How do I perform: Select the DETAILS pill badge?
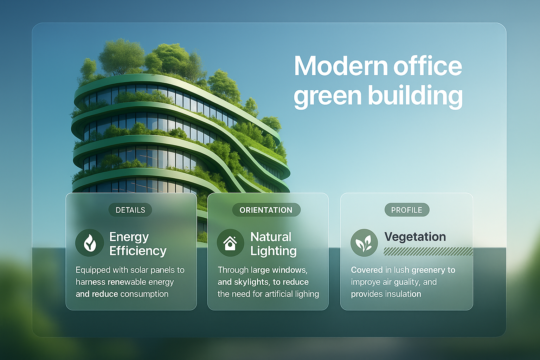tap(130, 210)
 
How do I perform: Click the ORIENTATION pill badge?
tap(266, 210)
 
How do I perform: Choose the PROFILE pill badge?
tap(407, 210)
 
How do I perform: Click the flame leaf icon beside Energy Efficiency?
tap(90, 243)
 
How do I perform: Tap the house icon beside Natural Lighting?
tap(231, 243)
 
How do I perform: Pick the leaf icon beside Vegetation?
tap(364, 243)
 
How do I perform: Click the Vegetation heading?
tap(415, 237)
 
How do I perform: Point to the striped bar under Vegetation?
tap(428, 251)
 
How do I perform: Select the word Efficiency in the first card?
tap(138, 251)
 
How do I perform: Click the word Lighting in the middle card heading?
tap(274, 251)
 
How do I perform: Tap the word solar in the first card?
tap(139, 270)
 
